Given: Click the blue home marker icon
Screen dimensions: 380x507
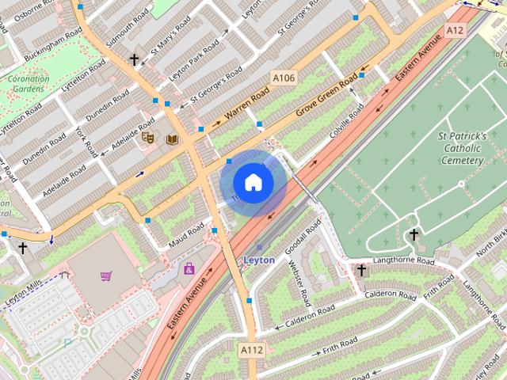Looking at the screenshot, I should tap(253, 182).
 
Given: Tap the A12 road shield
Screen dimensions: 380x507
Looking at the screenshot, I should tap(454, 30).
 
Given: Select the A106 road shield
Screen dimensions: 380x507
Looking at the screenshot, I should tap(284, 78).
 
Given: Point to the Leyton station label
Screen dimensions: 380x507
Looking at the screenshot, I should tap(259, 260).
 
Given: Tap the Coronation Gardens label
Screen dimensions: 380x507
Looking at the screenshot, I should tap(28, 84).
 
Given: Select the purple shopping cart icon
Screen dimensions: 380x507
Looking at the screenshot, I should tap(106, 275).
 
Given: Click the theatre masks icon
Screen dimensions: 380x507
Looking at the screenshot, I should tap(147, 138).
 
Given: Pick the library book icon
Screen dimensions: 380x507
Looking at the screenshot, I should tap(172, 139).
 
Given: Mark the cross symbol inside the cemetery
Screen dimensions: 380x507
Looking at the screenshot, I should tap(413, 234).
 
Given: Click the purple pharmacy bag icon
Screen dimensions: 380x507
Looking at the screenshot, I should tap(189, 269).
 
